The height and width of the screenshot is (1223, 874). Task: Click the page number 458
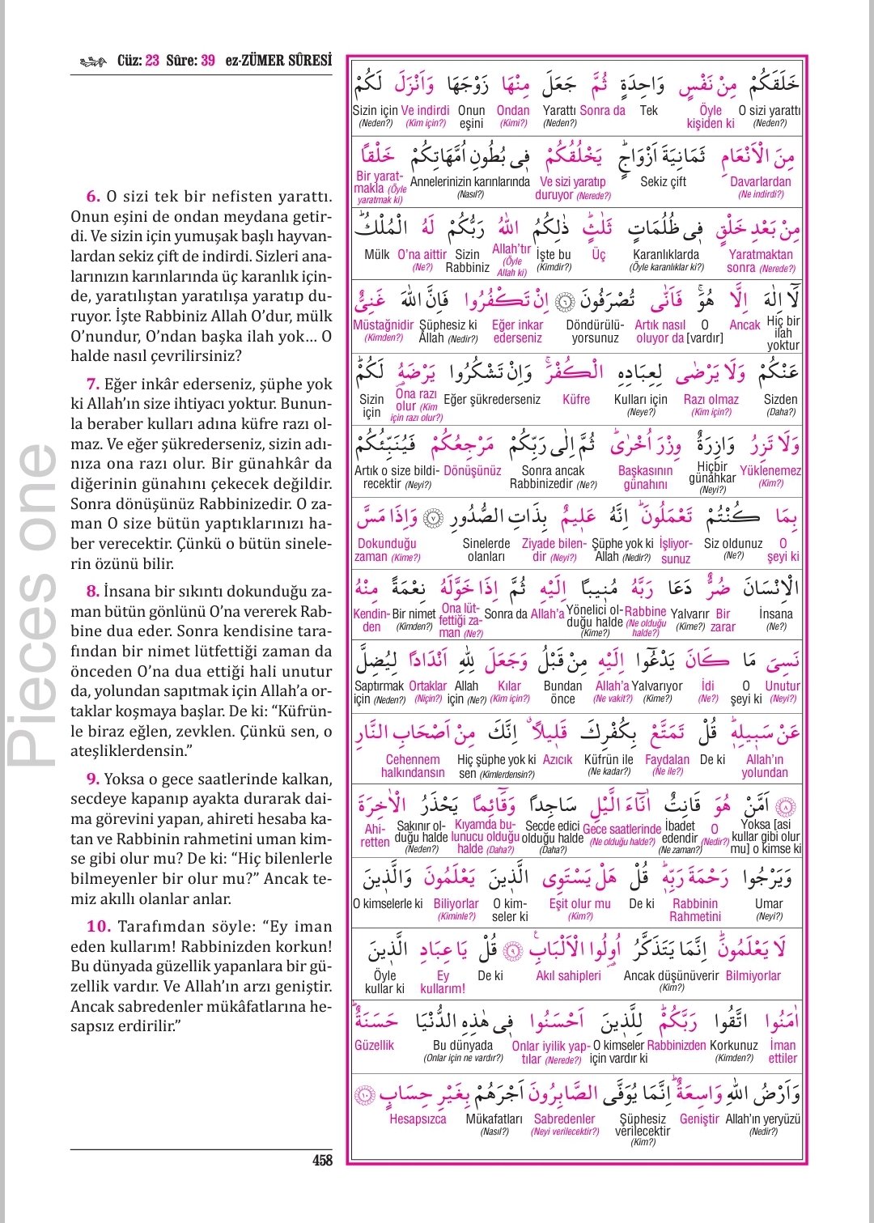point(322,1160)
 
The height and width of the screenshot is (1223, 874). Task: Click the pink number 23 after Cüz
point(152,61)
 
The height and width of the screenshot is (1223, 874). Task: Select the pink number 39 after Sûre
point(208,61)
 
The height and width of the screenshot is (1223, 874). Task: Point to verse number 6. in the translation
point(94,197)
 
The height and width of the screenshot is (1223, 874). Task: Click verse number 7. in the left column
point(94,384)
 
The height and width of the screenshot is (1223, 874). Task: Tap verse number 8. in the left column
point(94,592)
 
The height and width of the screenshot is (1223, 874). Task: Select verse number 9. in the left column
point(94,779)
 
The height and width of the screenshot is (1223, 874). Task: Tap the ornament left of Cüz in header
point(94,62)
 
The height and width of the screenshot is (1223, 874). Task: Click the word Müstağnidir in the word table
point(384,325)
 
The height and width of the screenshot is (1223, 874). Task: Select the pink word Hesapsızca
point(418,1119)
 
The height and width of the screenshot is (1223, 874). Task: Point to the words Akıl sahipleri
point(568,975)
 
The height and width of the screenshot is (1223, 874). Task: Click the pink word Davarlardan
point(761,182)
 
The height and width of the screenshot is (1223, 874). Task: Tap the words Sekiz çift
point(663,182)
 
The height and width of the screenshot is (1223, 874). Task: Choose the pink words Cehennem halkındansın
point(413,766)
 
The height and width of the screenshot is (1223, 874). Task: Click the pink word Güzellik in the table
point(374,1045)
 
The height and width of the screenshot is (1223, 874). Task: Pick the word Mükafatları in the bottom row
point(494,1119)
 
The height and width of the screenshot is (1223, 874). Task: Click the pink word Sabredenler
point(564,1119)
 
